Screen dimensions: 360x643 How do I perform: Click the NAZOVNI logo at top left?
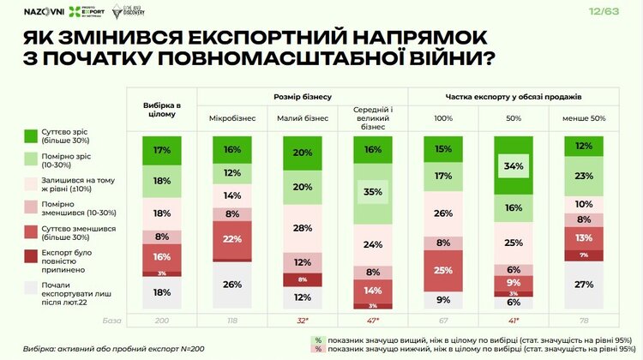39,11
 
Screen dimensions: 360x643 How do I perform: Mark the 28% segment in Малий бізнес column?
300,228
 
